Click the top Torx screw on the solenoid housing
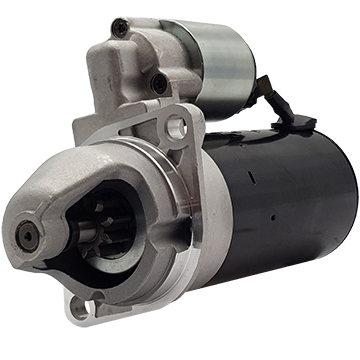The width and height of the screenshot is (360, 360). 121,28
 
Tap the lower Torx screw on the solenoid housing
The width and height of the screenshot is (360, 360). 159,83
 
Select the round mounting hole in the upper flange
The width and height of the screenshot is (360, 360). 179,127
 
